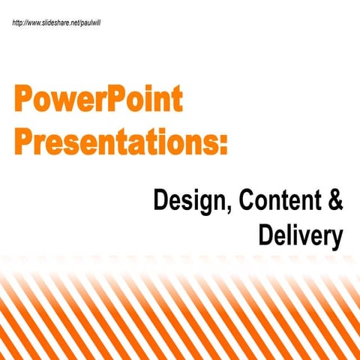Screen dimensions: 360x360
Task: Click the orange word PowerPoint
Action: (x=97, y=100)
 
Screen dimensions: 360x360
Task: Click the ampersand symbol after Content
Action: (x=335, y=200)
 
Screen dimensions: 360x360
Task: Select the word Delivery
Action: (x=300, y=235)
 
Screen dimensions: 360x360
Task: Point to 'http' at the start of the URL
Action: (x=19, y=22)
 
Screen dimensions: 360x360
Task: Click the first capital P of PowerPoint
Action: (x=22, y=100)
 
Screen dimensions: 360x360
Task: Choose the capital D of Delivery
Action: (x=266, y=235)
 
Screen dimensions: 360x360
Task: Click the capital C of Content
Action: (x=244, y=200)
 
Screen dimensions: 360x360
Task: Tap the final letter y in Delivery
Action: (x=336, y=238)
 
